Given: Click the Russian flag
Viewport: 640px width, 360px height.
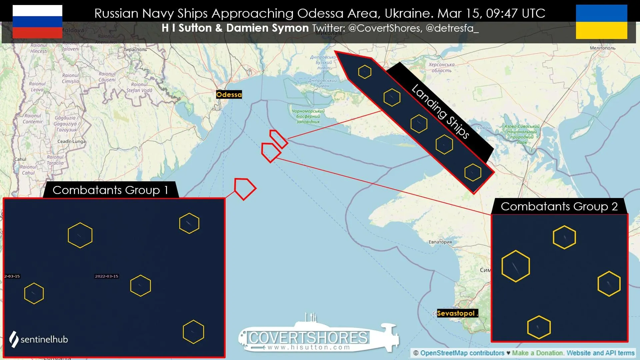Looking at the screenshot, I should pyautogui.click(x=37, y=22).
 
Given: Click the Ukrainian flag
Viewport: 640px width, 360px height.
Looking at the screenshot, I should pyautogui.click(x=601, y=22).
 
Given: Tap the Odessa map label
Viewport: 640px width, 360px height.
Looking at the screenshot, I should pyautogui.click(x=229, y=95).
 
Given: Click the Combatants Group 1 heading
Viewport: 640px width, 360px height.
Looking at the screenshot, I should pyautogui.click(x=110, y=190).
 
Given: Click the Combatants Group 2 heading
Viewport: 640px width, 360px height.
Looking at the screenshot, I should pyautogui.click(x=559, y=206).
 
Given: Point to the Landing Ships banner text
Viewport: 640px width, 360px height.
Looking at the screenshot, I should pyautogui.click(x=440, y=112).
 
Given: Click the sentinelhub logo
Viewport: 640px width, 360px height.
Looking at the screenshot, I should pyautogui.click(x=38, y=339).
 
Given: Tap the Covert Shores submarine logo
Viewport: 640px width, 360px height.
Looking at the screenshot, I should pyautogui.click(x=318, y=335).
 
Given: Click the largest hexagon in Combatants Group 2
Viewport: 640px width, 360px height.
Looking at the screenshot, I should pyautogui.click(x=516, y=266).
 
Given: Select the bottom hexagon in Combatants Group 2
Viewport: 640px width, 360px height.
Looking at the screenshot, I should pyautogui.click(x=539, y=327).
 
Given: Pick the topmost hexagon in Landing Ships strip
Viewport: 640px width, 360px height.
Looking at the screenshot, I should pyautogui.click(x=365, y=72).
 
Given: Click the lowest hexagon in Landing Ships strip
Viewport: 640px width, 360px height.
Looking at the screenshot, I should pyautogui.click(x=473, y=172).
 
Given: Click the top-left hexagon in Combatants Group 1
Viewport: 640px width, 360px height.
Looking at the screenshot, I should pyautogui.click(x=80, y=235).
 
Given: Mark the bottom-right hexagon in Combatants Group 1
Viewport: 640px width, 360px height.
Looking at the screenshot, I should pyautogui.click(x=193, y=332).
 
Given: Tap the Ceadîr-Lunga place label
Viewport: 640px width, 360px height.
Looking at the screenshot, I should pyautogui.click(x=71, y=141).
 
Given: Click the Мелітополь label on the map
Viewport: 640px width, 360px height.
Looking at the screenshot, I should pyautogui.click(x=602, y=48).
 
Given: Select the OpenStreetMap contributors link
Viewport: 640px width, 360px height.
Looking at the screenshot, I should pyautogui.click(x=462, y=353).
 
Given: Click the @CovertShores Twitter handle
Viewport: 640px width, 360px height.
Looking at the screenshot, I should pyautogui.click(x=385, y=28).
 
